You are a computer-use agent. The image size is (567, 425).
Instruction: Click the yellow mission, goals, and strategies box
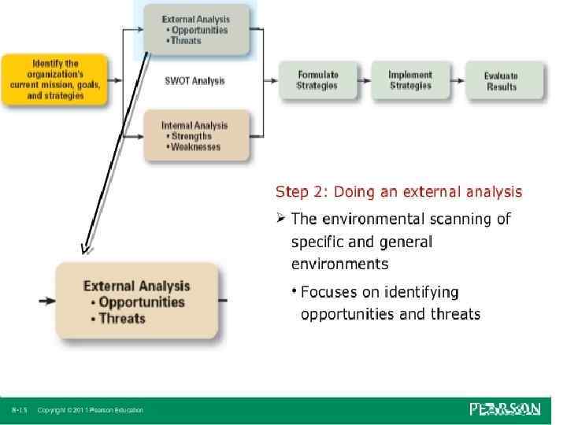pyautogui.click(x=55, y=79)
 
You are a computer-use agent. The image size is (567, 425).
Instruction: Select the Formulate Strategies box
pyautogui.click(x=317, y=79)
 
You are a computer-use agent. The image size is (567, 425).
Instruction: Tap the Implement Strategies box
pyautogui.click(x=409, y=79)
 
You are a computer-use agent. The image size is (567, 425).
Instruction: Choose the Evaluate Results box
pyautogui.click(x=502, y=81)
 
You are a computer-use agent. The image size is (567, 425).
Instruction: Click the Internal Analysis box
pyautogui.click(x=195, y=135)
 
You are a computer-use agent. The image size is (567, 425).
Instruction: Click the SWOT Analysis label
pyautogui.click(x=195, y=80)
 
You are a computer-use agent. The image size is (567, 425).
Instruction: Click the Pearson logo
pyautogui.click(x=504, y=408)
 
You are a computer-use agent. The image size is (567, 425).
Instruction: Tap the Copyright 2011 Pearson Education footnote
pyautogui.click(x=91, y=410)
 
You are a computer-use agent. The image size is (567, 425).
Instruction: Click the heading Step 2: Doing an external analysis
pyautogui.click(x=398, y=191)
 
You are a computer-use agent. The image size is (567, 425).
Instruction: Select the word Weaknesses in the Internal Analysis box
pyautogui.click(x=195, y=146)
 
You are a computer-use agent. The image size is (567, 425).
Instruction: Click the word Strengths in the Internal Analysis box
pyautogui.click(x=192, y=136)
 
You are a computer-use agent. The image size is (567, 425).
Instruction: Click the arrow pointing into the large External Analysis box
pyautogui.click(x=46, y=301)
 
